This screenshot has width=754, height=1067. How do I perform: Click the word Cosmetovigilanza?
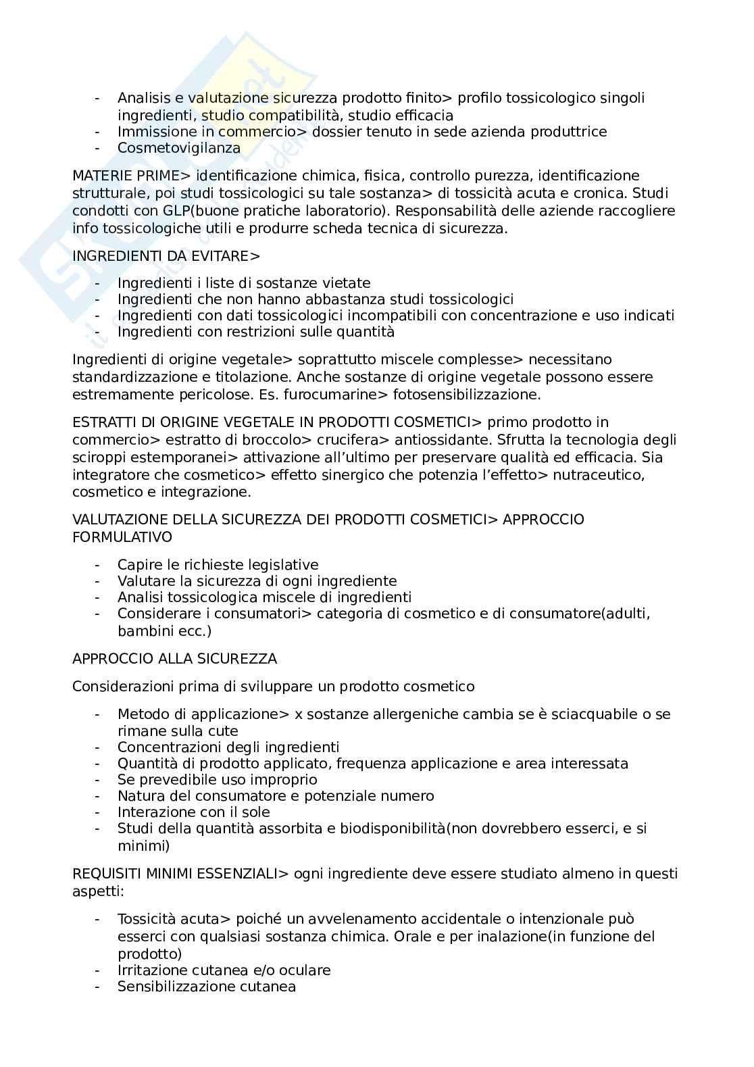point(178,148)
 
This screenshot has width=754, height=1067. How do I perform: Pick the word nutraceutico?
point(595,475)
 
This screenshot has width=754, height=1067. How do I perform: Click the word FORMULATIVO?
point(122,537)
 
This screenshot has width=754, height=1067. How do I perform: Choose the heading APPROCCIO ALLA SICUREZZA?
point(174,659)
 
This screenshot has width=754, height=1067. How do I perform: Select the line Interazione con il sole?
point(193,812)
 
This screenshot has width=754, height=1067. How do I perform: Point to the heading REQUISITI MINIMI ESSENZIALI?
point(175,874)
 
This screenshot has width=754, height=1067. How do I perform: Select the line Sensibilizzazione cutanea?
point(207,987)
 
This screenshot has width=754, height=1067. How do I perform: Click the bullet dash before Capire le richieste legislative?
point(99,565)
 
